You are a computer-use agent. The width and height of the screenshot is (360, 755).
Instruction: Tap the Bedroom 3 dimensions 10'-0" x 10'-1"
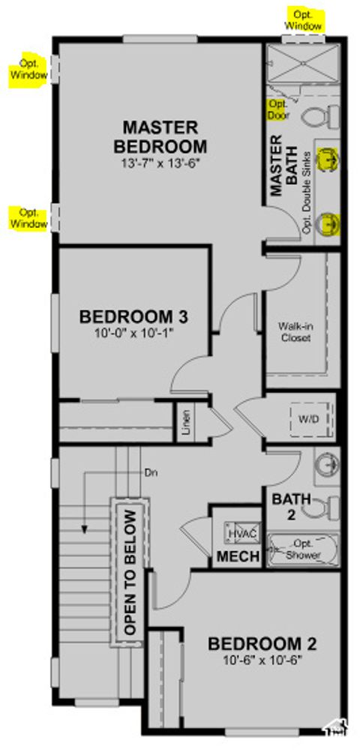(134, 334)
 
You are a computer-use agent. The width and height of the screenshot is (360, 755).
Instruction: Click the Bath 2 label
(286, 506)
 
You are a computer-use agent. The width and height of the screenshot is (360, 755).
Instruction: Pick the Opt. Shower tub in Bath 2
(304, 549)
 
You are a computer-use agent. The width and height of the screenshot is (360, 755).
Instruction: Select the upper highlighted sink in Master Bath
(327, 159)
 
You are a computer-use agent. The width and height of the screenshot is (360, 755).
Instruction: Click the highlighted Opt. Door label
(277, 110)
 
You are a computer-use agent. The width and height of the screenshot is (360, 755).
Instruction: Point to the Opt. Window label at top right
(304, 20)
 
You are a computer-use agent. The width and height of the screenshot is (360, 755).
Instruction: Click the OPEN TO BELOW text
(130, 574)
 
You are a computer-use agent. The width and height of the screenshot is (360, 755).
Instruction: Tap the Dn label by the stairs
(151, 473)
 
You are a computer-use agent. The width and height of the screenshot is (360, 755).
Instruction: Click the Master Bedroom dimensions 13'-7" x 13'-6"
(160, 162)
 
